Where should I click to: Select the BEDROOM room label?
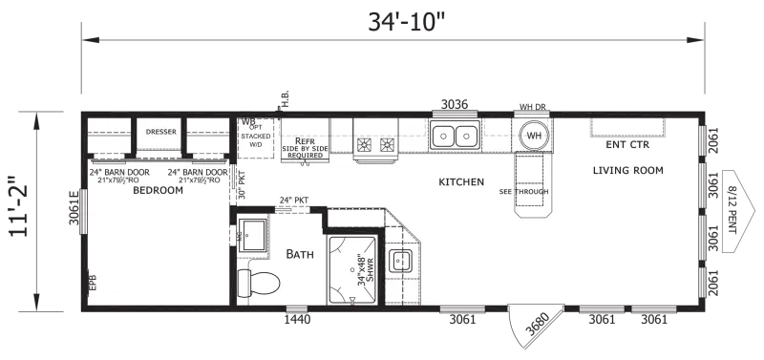158,190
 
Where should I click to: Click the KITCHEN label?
461,181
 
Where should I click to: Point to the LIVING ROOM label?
627,171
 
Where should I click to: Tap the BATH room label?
302,254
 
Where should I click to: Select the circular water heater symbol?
532,136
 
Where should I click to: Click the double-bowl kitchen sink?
454,136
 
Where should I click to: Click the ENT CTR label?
627,146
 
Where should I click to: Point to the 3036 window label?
456,104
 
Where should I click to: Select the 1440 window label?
298,320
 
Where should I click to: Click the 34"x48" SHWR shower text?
362,269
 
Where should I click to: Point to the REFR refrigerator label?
305,140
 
